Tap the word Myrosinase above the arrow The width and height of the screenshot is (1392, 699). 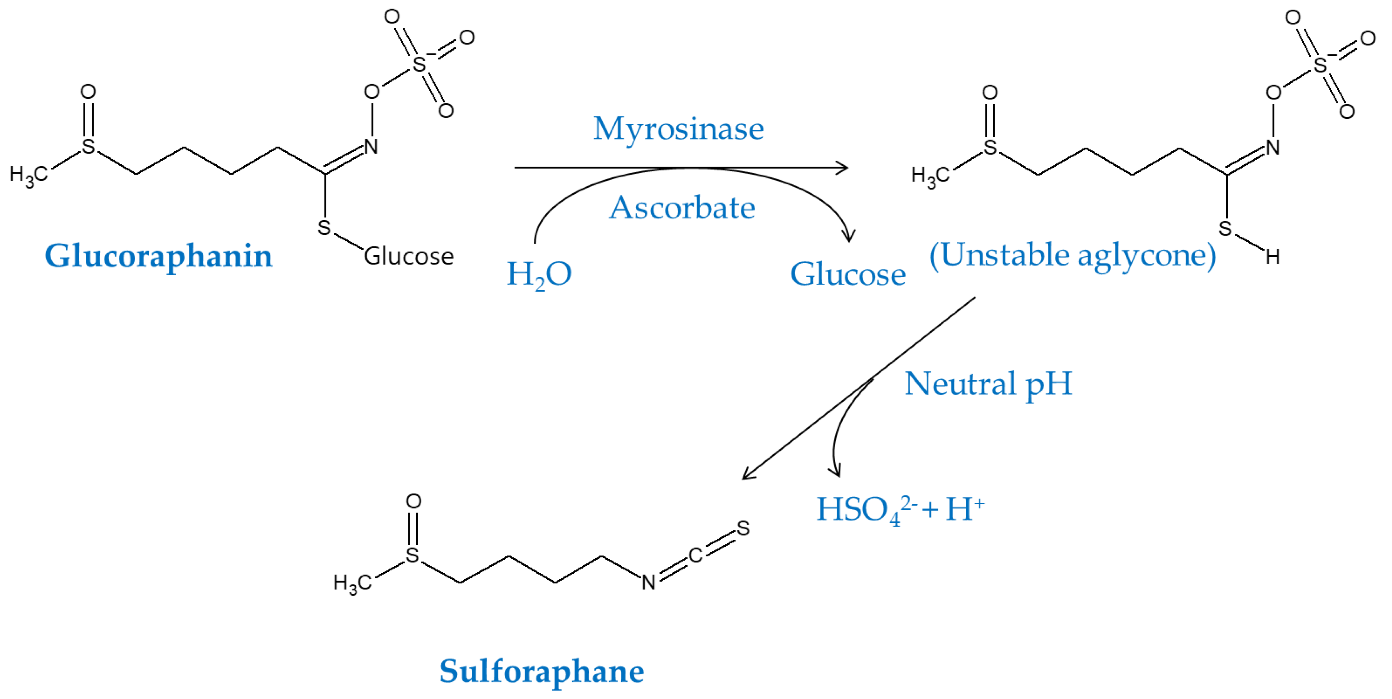click(679, 129)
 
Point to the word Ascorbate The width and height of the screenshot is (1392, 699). click(682, 207)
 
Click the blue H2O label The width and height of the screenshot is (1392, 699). click(539, 275)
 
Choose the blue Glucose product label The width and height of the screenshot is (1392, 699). click(847, 275)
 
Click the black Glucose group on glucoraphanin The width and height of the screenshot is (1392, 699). click(409, 256)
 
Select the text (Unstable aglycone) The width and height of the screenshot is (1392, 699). click(1073, 255)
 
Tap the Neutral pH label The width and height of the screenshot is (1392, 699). click(988, 384)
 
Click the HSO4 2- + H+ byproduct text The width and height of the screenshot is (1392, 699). click(900, 509)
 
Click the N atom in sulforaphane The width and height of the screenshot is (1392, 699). click(649, 582)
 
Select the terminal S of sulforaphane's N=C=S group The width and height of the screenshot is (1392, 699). click(743, 528)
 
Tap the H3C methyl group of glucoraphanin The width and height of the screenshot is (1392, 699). click(29, 174)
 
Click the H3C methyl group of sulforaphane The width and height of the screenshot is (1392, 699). click(352, 583)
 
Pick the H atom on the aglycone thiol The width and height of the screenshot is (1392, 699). click(1273, 257)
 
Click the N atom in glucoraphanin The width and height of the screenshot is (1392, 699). click(371, 147)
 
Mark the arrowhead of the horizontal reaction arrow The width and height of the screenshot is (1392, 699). click(843, 168)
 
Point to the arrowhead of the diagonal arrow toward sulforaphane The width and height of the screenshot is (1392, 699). click(747, 475)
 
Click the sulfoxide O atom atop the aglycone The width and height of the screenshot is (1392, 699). click(989, 93)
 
